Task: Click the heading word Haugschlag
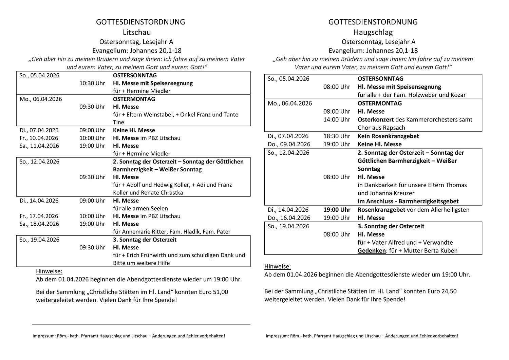373,33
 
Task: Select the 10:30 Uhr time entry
92,83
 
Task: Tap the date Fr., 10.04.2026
39,138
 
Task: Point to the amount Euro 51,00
213,292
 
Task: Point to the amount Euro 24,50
442,291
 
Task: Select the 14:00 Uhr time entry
337,119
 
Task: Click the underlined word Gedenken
372,251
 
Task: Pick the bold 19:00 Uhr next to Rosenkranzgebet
337,210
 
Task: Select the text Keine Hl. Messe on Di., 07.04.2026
134,130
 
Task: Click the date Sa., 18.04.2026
39,224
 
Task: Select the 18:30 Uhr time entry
337,136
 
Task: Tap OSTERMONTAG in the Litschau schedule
134,99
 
